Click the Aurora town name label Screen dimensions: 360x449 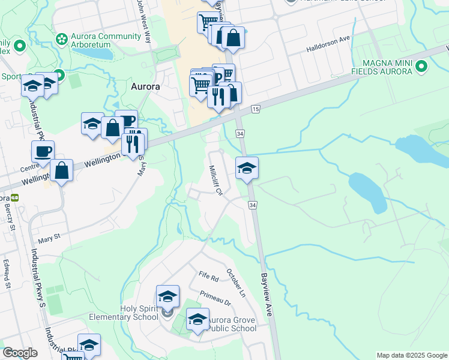coord(145,86)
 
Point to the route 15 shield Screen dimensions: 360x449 coord(256,109)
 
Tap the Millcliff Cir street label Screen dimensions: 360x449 coord(215,180)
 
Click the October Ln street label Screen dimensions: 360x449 coord(236,282)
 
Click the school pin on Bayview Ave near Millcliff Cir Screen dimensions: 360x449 coord(247,168)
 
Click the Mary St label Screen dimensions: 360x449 coord(50,238)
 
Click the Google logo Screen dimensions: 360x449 coord(20,353)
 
